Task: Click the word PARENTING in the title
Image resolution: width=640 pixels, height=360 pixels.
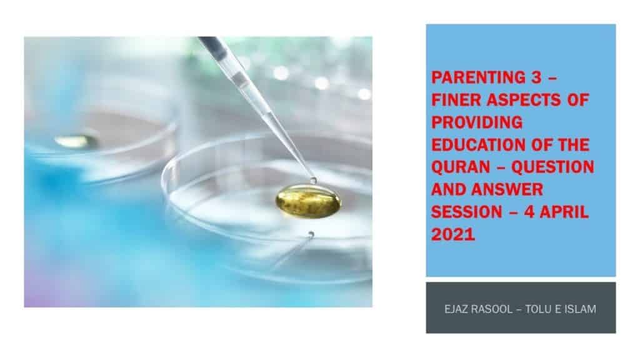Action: [x=479, y=77]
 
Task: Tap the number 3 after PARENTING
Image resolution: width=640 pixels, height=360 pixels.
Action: [x=536, y=77]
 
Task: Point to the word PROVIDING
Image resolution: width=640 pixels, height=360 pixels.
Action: [x=477, y=122]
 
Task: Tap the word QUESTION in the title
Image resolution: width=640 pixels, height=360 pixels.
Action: [x=552, y=167]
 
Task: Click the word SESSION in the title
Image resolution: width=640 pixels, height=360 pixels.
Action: [x=466, y=212]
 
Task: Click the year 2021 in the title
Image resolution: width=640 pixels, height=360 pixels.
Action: [x=453, y=234]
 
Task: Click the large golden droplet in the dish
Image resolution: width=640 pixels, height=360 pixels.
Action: [x=308, y=201]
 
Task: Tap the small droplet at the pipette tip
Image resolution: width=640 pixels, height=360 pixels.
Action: [x=313, y=180]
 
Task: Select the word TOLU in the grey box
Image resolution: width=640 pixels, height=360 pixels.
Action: [x=537, y=309]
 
